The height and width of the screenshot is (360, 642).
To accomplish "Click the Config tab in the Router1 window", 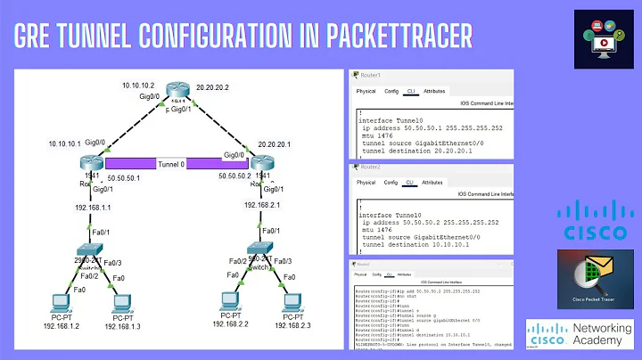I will coord(391,91).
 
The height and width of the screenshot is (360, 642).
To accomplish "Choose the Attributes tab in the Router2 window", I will coord(432,182).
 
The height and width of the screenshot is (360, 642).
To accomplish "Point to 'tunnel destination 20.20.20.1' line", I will coord(416,151).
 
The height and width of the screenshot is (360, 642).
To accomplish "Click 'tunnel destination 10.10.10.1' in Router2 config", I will coord(416,241).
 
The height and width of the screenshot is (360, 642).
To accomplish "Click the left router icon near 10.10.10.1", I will coord(91,162).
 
